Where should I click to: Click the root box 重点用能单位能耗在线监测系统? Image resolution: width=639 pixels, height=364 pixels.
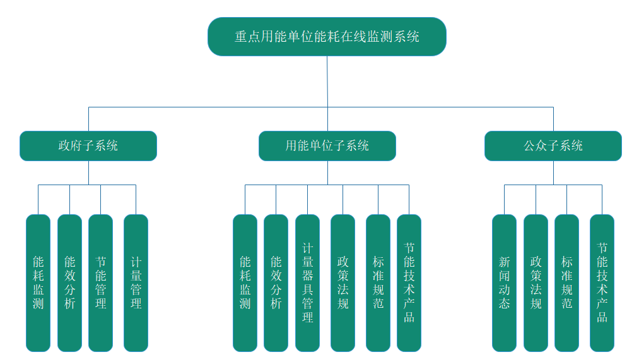pyautogui.click(x=327, y=37)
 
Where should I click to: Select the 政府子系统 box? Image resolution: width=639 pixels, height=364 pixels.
pyautogui.click(x=88, y=146)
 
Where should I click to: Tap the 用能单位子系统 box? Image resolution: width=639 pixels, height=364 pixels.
pyautogui.click(x=327, y=146)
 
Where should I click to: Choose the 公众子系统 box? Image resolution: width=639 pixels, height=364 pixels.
pyautogui.click(x=553, y=146)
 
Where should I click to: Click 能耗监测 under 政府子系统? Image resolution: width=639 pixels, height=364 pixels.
pyautogui.click(x=38, y=282)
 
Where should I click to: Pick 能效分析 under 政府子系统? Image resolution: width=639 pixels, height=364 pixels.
pyautogui.click(x=69, y=282)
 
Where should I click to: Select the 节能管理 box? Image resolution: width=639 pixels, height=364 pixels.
pyautogui.click(x=100, y=282)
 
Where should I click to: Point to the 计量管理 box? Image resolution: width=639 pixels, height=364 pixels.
pyautogui.click(x=136, y=282)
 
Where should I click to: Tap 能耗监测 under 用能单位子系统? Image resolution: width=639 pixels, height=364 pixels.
pyautogui.click(x=245, y=282)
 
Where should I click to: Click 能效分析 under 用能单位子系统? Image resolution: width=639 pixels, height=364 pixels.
pyautogui.click(x=276, y=282)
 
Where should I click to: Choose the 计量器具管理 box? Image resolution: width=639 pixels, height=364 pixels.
pyautogui.click(x=307, y=282)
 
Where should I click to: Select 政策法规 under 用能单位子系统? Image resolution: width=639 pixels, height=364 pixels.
pyautogui.click(x=343, y=282)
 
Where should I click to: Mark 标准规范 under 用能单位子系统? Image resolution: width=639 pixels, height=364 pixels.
pyautogui.click(x=378, y=282)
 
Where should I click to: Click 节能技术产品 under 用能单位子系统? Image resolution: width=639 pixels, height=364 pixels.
pyautogui.click(x=409, y=282)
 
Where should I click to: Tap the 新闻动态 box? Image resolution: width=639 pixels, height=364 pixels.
pyautogui.click(x=504, y=282)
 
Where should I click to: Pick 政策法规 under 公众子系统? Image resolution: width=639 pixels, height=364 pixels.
pyautogui.click(x=536, y=282)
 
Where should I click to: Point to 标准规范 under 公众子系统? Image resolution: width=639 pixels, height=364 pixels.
pyautogui.click(x=566, y=282)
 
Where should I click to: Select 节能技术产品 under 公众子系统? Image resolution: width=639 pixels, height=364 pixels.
pyautogui.click(x=602, y=282)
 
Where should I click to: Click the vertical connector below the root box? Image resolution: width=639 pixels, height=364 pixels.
pyautogui.click(x=327, y=82)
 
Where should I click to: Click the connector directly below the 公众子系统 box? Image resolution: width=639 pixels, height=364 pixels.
pyautogui.click(x=553, y=173)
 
